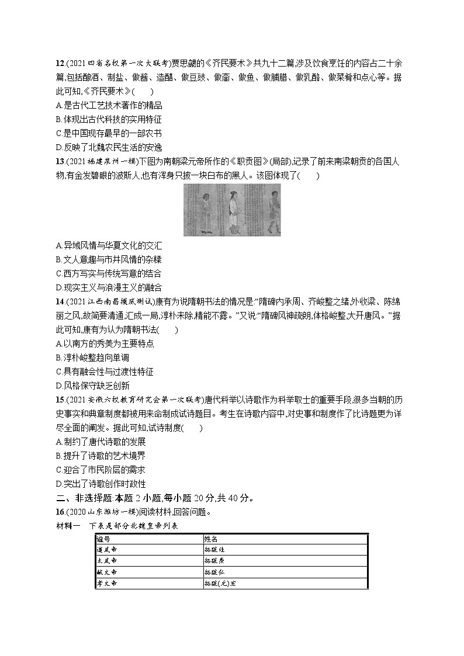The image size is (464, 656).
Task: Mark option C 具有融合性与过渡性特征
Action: click(108, 372)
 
